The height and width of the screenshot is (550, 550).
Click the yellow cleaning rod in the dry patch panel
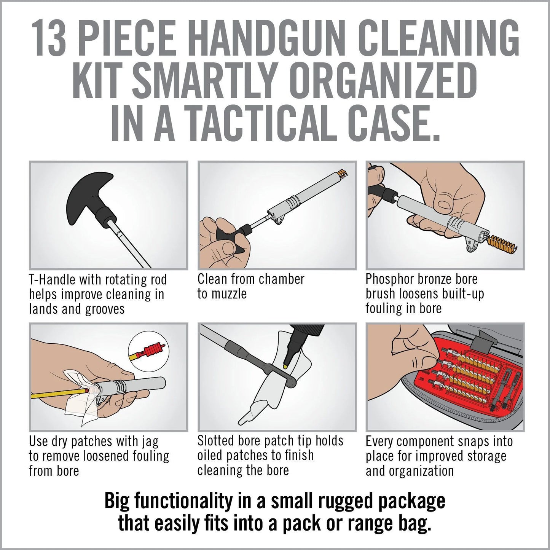57,394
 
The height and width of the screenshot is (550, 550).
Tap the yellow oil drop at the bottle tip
285,366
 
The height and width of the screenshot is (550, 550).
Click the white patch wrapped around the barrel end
82,400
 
